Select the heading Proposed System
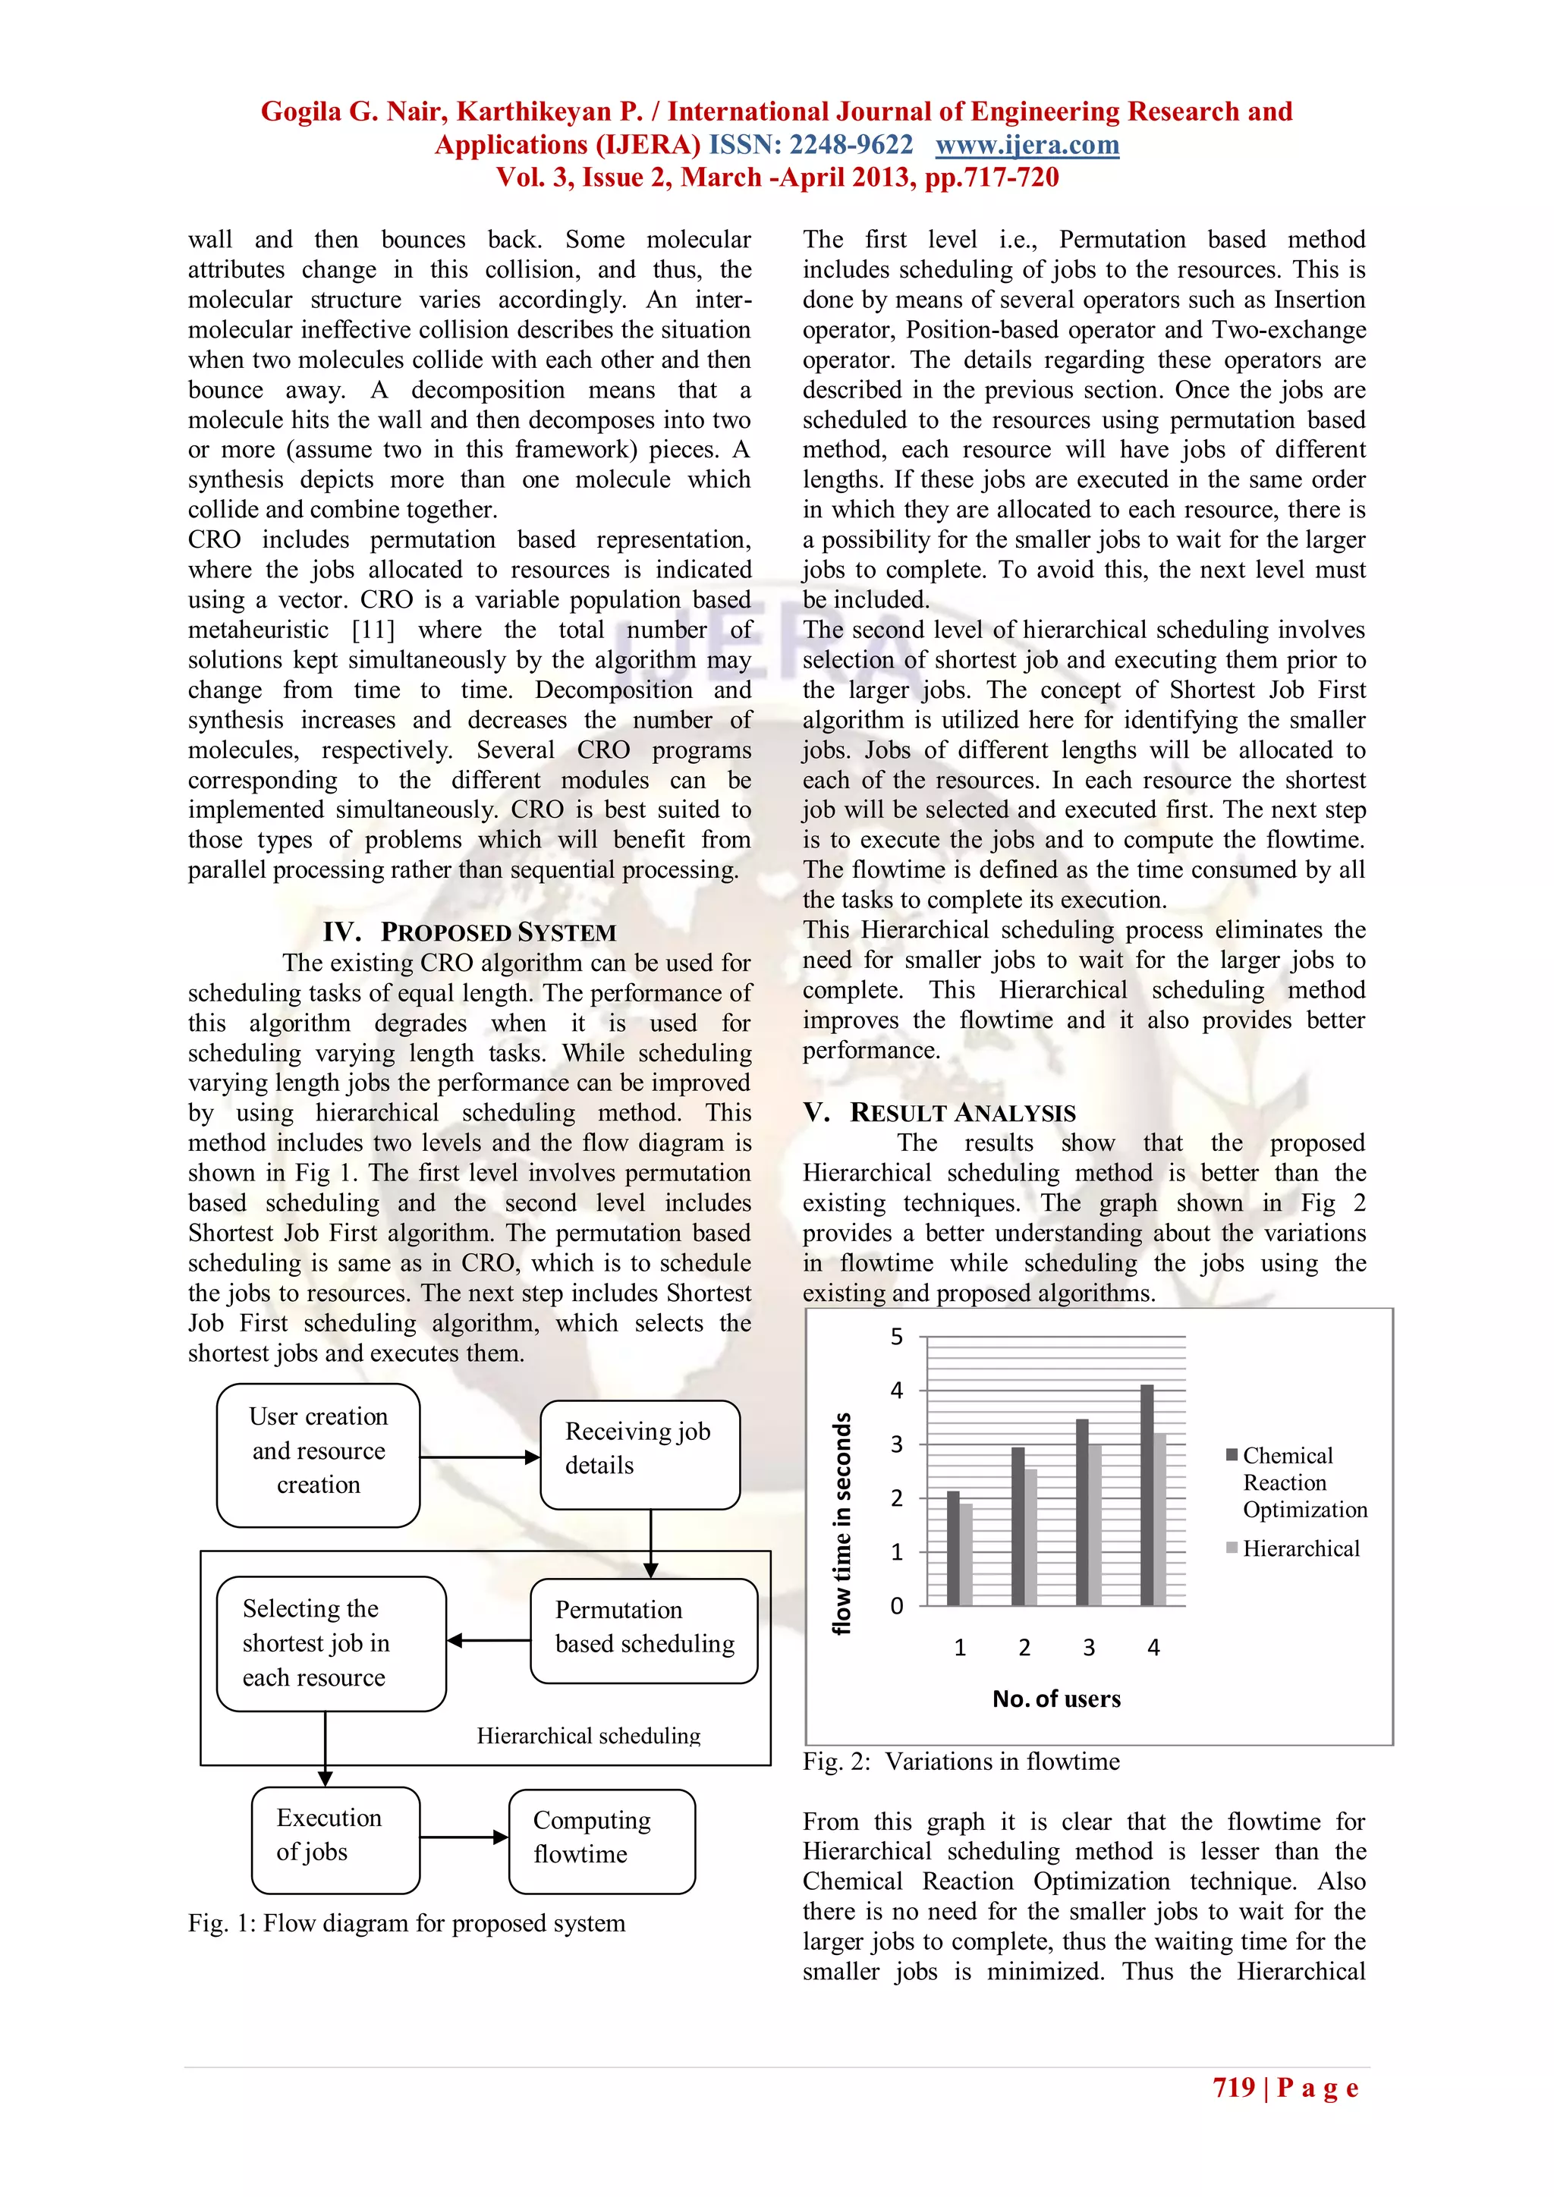pyautogui.click(x=470, y=932)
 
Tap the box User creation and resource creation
pyautogui.click(x=319, y=1454)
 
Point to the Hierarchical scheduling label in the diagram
pyautogui.click(x=589, y=1736)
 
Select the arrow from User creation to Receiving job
pyautogui.click(x=480, y=1457)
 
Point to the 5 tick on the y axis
pyautogui.click(x=897, y=1337)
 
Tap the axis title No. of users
pyautogui.click(x=1056, y=1699)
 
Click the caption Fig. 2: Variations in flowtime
pyautogui.click(x=961, y=1762)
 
